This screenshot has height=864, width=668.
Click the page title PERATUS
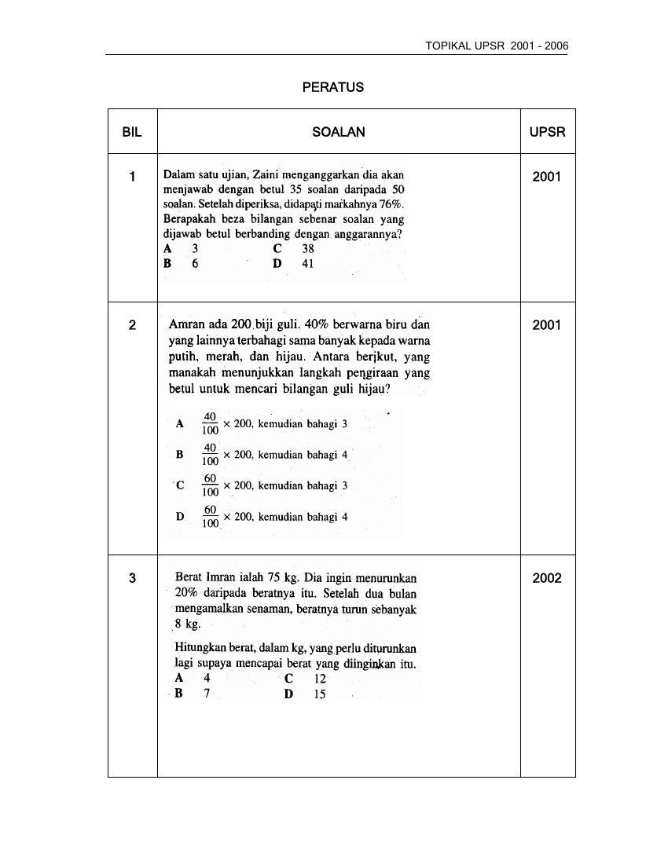(332, 87)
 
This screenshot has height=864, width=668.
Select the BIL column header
(132, 132)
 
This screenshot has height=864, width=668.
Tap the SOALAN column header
(339, 132)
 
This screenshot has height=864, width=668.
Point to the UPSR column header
(547, 132)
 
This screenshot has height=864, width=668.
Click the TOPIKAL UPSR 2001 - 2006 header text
(497, 46)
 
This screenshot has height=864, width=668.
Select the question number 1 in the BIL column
(132, 177)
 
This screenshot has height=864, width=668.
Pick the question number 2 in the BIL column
(132, 325)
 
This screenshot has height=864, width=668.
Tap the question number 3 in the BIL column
(132, 578)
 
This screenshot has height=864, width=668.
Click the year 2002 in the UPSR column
(547, 578)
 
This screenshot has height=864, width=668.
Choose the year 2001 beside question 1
(547, 177)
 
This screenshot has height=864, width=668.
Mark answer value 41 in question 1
(307, 264)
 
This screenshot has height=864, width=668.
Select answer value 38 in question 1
(307, 249)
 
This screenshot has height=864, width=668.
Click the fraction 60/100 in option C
(210, 485)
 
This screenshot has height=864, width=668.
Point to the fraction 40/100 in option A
(210, 423)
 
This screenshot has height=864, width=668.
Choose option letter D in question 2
(180, 517)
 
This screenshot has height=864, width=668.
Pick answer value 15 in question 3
(319, 694)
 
